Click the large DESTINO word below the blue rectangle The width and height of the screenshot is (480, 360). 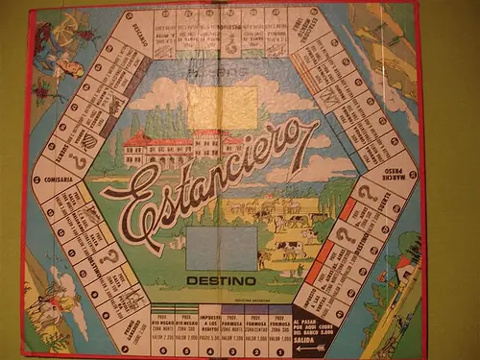click(x=222, y=281)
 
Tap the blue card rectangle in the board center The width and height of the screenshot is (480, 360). click(x=222, y=248)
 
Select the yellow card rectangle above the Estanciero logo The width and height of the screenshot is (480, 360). click(x=222, y=108)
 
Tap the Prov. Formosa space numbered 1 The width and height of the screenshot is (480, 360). click(x=279, y=331)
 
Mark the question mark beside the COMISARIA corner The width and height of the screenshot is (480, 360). click(x=75, y=154)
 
